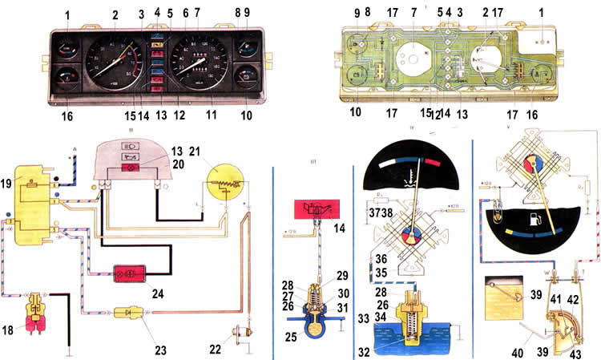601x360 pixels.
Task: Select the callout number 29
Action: [x=342, y=276]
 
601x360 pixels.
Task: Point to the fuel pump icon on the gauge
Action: [x=535, y=217]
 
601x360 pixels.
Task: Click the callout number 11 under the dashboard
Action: [x=211, y=115]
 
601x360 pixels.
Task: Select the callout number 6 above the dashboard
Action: [x=185, y=14]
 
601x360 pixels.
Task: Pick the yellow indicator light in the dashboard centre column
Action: [x=157, y=46]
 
